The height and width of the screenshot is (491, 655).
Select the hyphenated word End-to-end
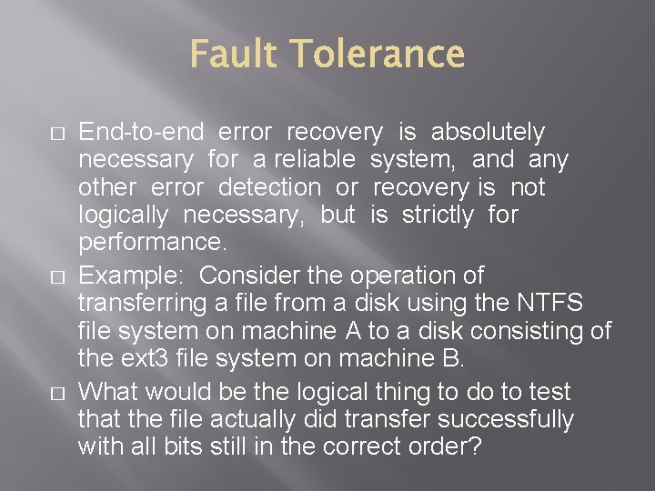pos(141,133)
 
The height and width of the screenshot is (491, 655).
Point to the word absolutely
pos(488,133)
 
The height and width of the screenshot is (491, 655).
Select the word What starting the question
pos(107,393)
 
